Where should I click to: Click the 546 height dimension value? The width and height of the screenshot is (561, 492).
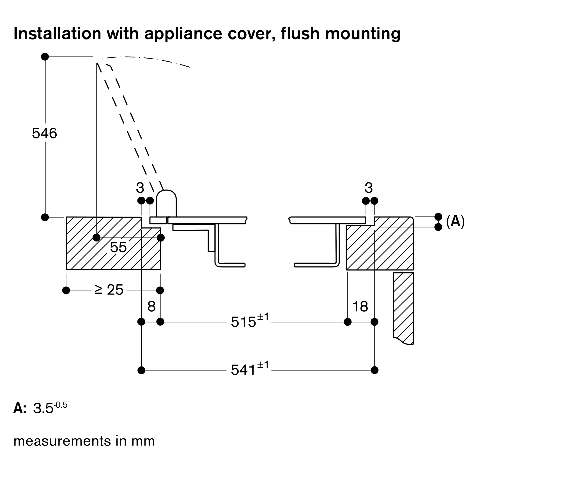coord(44,133)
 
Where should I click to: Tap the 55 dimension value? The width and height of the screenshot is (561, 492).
coord(118,247)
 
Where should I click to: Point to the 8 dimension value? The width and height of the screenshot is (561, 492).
coord(151,307)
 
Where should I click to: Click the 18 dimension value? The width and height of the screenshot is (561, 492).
coord(360,307)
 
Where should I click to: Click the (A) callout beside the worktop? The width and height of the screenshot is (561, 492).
coord(455,221)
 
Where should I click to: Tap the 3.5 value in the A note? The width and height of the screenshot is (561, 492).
coord(43,409)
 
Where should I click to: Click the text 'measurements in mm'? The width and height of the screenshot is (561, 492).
coord(84,441)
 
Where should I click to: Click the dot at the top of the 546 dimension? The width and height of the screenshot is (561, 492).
coord(45,57)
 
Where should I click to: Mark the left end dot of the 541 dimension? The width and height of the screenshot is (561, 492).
coord(142,370)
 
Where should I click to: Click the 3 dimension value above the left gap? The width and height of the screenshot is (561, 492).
coord(140,188)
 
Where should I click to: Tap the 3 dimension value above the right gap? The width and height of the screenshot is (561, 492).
coord(369,188)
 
